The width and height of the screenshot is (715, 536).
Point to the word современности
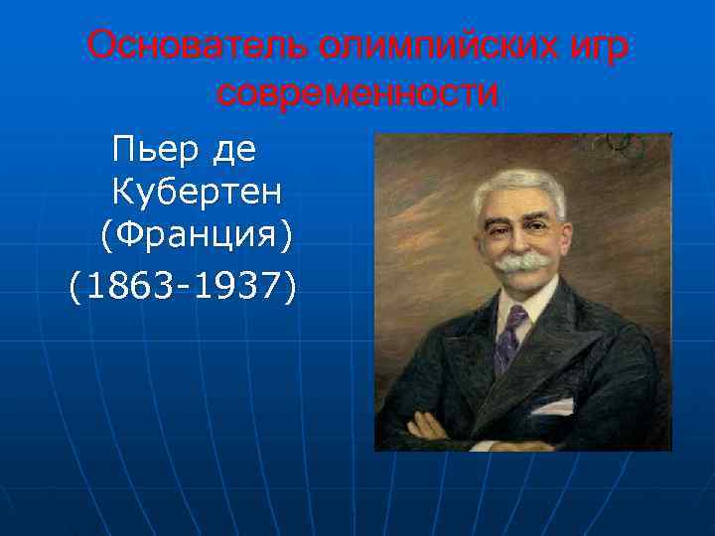(357, 94)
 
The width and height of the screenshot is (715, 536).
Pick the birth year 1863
(123, 287)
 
